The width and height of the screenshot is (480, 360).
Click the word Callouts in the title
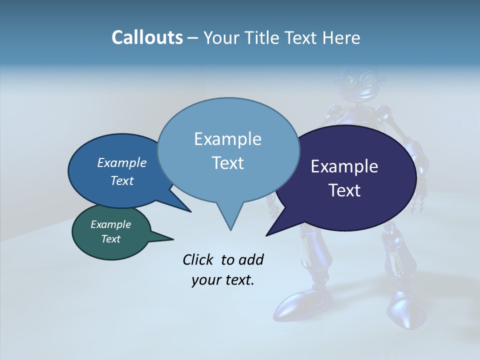[x=147, y=38]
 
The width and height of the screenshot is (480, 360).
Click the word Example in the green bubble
[x=110, y=224]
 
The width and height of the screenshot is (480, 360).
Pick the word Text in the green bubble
[x=110, y=239]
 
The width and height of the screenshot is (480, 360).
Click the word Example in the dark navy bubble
[x=344, y=166]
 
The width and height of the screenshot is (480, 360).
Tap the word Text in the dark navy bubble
[x=345, y=190]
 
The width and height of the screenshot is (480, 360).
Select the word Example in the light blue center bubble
[x=227, y=139]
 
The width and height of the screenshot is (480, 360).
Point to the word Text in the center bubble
[x=227, y=163]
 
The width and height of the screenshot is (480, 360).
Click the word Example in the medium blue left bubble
[x=121, y=163]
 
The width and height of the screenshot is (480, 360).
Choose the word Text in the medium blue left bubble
[x=121, y=180]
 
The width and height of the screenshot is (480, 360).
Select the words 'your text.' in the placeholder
[x=222, y=280]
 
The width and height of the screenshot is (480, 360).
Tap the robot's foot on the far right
[x=406, y=310]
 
